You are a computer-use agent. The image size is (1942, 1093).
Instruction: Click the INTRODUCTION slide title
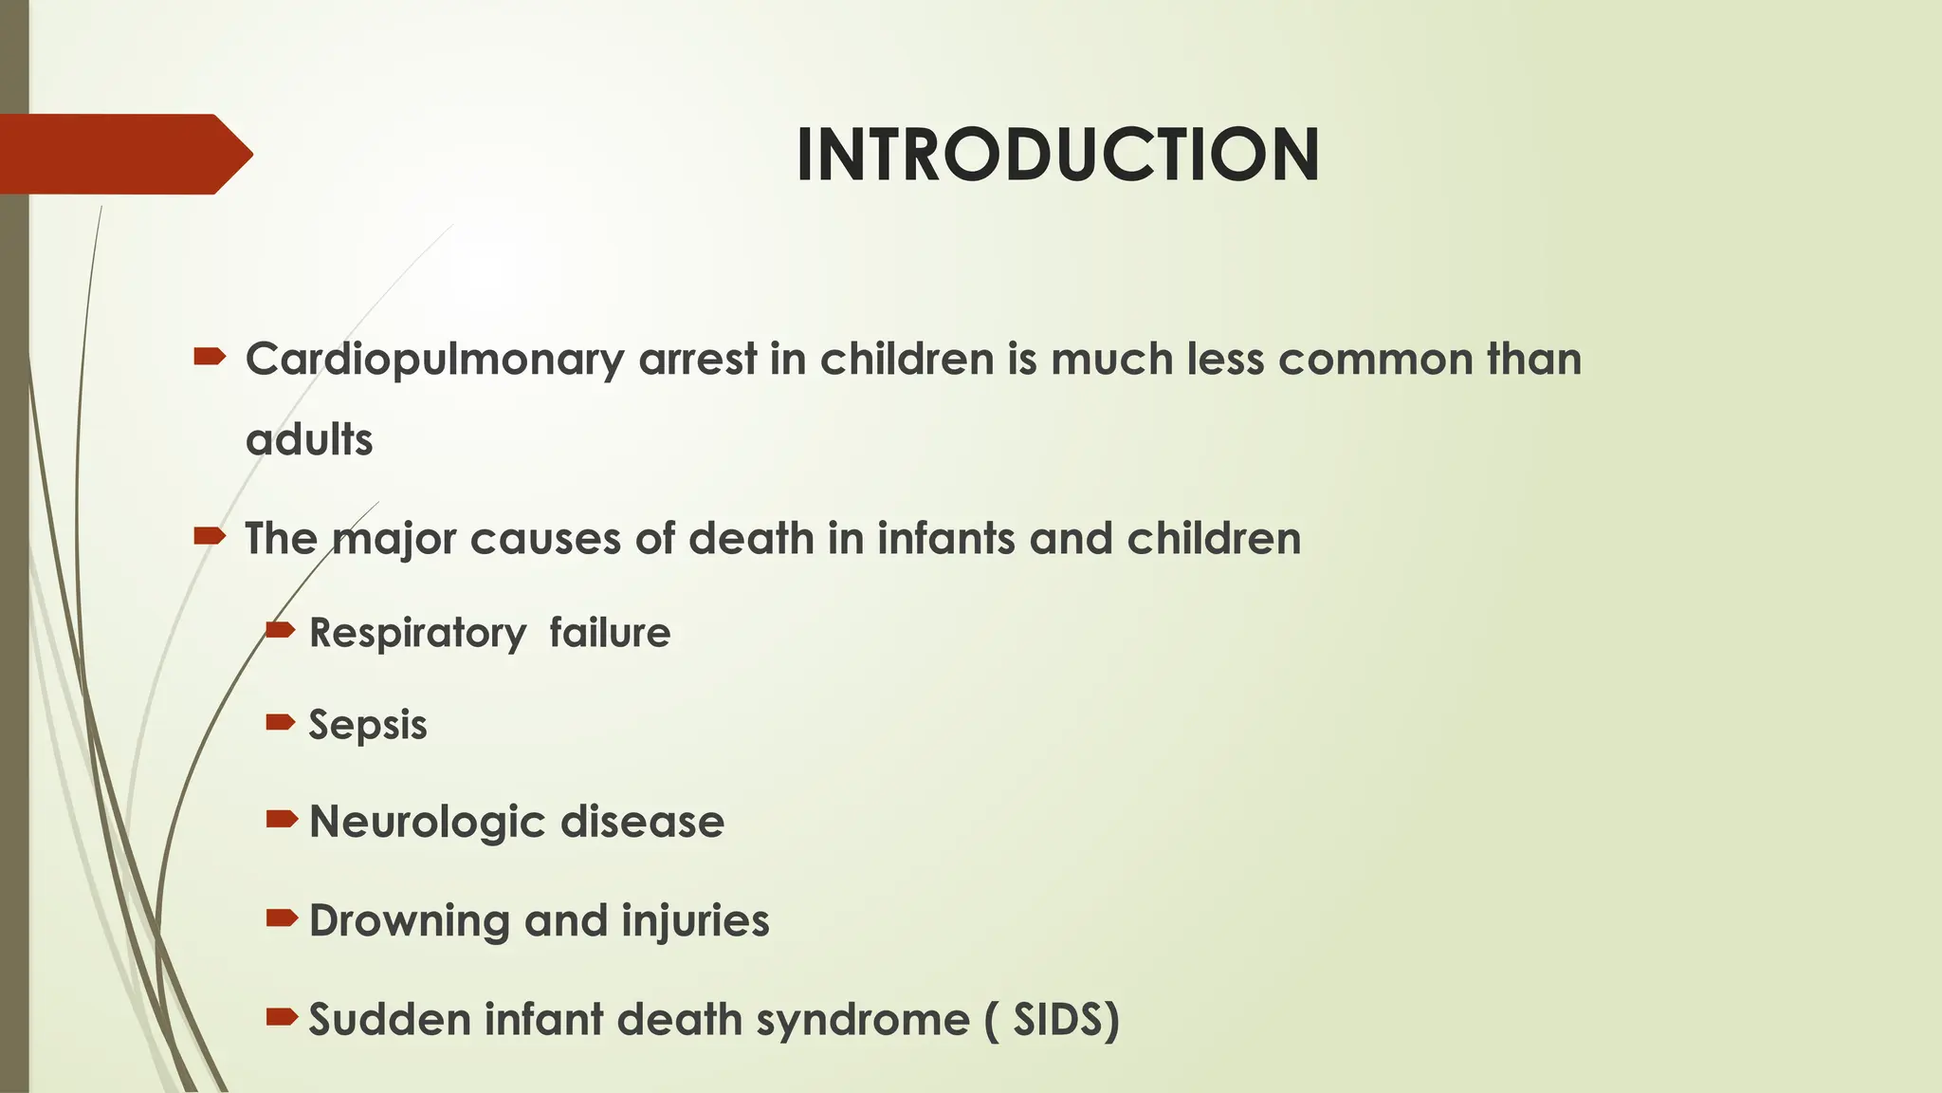click(x=1057, y=155)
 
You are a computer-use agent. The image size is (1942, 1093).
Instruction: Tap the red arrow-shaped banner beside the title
click(x=123, y=154)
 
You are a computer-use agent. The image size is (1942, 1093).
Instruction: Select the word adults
click(x=309, y=440)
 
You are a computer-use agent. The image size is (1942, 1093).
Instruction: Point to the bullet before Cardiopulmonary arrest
click(x=209, y=357)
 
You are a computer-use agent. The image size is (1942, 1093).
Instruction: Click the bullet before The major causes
click(x=209, y=536)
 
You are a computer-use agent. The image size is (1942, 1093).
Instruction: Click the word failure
click(x=610, y=632)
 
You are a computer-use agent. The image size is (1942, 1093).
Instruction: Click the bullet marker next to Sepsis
click(x=281, y=723)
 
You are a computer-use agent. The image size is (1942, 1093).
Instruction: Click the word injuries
click(x=695, y=921)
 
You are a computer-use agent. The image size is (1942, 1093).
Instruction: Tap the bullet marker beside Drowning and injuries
click(x=281, y=917)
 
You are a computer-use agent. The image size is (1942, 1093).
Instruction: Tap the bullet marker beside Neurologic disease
click(x=281, y=819)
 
